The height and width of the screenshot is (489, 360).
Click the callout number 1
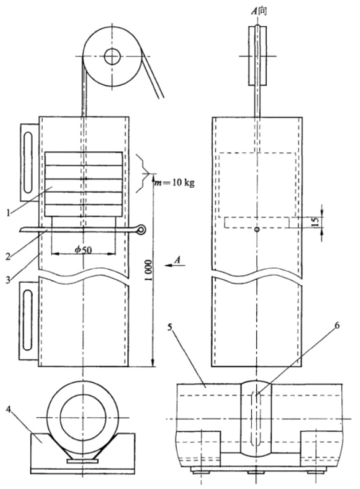[9, 213]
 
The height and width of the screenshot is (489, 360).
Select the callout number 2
[9, 256]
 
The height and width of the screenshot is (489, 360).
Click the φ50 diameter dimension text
[83, 250]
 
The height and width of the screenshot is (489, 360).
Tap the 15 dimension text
[316, 222]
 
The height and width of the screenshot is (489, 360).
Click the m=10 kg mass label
[175, 183]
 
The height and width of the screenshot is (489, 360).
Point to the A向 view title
[259, 12]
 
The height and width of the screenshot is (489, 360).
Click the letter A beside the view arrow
[177, 260]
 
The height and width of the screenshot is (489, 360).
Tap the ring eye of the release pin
[141, 230]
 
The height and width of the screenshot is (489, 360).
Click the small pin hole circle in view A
[257, 229]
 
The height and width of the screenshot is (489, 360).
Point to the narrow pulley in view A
[257, 56]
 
